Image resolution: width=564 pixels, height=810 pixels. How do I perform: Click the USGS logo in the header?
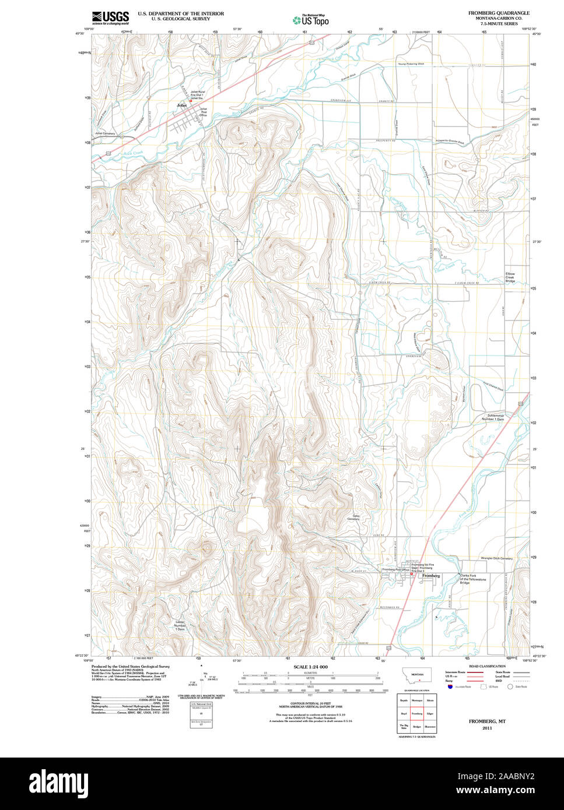[110, 17]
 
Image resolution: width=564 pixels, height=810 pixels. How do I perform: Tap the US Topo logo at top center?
[311, 20]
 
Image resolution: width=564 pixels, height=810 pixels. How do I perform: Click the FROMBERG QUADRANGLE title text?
[499, 12]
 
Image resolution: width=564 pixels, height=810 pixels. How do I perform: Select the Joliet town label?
[182, 105]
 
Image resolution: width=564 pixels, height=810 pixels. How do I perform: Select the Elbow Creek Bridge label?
[510, 278]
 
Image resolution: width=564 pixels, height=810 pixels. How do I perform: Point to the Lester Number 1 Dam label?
[180, 626]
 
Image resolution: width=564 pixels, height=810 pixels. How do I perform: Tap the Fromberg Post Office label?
[395, 569]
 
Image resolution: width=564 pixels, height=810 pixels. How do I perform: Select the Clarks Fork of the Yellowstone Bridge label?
[472, 579]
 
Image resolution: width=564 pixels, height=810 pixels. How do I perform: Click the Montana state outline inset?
[417, 676]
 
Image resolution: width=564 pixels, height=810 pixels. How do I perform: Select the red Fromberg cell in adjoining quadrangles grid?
[416, 713]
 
